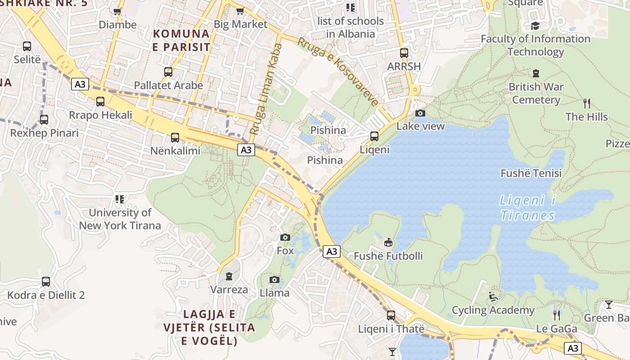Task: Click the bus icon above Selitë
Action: pyautogui.click(x=27, y=46)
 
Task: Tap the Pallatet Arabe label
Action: pyautogui.click(x=168, y=85)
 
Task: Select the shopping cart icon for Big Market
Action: pyautogui.click(x=240, y=11)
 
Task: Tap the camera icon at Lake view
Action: pyautogui.click(x=420, y=113)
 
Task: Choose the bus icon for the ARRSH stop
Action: pyautogui.click(x=404, y=53)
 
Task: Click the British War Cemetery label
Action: pyautogui.click(x=535, y=93)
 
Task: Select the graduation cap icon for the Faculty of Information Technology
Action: pyautogui.click(x=535, y=26)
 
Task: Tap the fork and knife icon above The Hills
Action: pyautogui.click(x=586, y=103)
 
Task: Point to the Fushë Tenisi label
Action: pyautogui.click(x=531, y=173)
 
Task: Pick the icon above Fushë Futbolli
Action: pyautogui.click(x=388, y=242)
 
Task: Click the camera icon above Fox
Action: pyautogui.click(x=285, y=237)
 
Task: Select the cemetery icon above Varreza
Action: pyautogui.click(x=229, y=276)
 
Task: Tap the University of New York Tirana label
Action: pyautogui.click(x=120, y=219)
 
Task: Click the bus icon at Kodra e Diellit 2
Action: pyautogui.click(x=46, y=282)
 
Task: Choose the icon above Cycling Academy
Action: pyautogui.click(x=493, y=297)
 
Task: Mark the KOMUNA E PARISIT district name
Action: pyautogui.click(x=181, y=40)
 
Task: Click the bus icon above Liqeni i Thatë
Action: pyautogui.click(x=391, y=315)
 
